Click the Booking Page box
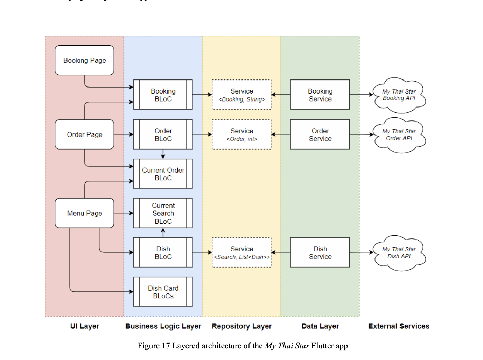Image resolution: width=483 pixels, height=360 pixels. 84,60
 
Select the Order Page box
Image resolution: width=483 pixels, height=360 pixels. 84,134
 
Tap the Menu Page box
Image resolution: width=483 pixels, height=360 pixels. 84,213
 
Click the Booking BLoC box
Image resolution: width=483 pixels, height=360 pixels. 163,95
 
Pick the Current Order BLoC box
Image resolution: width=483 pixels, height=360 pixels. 163,174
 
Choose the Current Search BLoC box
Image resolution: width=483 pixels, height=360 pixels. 163,213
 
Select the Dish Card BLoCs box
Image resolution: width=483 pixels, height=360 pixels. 163,292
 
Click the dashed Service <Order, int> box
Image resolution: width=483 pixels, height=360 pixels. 241,134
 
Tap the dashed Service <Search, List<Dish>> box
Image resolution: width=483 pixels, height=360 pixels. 241,252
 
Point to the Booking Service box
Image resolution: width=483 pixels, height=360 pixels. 320,95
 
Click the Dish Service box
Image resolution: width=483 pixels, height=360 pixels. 320,252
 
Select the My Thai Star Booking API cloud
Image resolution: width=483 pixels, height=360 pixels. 399,95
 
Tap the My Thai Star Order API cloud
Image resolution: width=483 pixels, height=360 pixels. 399,135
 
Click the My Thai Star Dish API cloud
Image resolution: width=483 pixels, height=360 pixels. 399,253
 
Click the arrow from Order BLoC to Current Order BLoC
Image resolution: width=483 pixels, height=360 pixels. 163,154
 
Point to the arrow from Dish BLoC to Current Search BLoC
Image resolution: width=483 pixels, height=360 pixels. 163,233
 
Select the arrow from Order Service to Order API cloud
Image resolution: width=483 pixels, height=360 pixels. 361,134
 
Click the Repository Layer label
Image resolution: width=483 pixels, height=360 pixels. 241,326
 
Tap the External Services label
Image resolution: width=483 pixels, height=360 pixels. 399,326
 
